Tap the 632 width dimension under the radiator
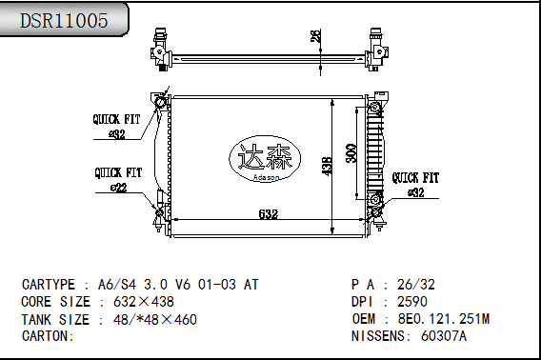270,214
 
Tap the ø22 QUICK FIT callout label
117,180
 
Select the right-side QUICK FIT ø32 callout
415,184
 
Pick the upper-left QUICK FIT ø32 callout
116,127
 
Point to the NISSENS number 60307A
444,335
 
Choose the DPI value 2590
413,301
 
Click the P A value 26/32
416,284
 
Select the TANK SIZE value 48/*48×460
155,318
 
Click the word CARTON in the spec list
47,335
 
